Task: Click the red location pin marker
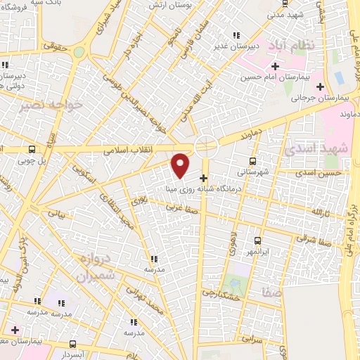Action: (181, 165)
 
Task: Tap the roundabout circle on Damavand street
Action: (206, 146)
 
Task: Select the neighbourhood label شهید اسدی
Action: (306, 149)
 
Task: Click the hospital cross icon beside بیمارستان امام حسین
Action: (275, 67)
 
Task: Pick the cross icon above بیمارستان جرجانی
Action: (321, 87)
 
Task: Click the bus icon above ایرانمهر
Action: (257, 240)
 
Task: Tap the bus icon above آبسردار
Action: (75, 344)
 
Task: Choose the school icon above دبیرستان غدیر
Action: (237, 35)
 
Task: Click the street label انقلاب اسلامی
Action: (123, 150)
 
